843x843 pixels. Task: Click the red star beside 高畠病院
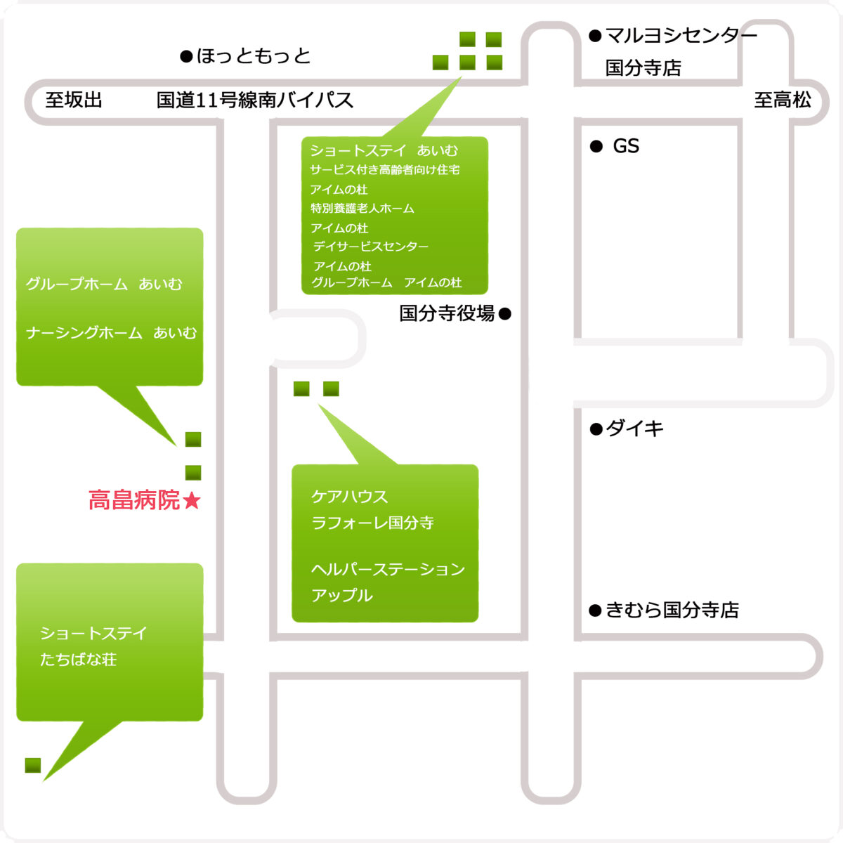pyautogui.click(x=192, y=500)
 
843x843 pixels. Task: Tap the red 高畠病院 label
pyautogui.click(x=134, y=500)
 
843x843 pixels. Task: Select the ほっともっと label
pyautogui.click(x=254, y=56)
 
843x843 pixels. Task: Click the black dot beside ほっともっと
pyautogui.click(x=186, y=56)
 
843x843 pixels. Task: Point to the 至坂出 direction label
pyautogui.click(x=74, y=100)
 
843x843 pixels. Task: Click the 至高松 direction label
pyautogui.click(x=783, y=100)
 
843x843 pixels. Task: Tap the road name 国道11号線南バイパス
pyautogui.click(x=255, y=100)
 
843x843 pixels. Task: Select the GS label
pyautogui.click(x=626, y=146)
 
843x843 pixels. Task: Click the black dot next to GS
pyautogui.click(x=596, y=146)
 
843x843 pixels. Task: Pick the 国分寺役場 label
pyautogui.click(x=447, y=313)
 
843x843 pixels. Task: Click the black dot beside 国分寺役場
pyautogui.click(x=505, y=313)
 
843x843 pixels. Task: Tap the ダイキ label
pyautogui.click(x=635, y=429)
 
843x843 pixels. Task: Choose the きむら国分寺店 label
pyautogui.click(x=672, y=610)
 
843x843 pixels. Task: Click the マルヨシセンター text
pyautogui.click(x=681, y=35)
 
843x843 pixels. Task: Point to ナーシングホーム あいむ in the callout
pyautogui.click(x=112, y=333)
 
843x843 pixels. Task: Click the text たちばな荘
pyautogui.click(x=78, y=660)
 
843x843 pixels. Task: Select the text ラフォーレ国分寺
pyautogui.click(x=372, y=523)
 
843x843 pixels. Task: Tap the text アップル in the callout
pyautogui.click(x=342, y=596)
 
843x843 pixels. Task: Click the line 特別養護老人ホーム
pyautogui.click(x=362, y=208)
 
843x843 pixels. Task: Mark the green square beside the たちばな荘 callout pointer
pyautogui.click(x=33, y=766)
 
